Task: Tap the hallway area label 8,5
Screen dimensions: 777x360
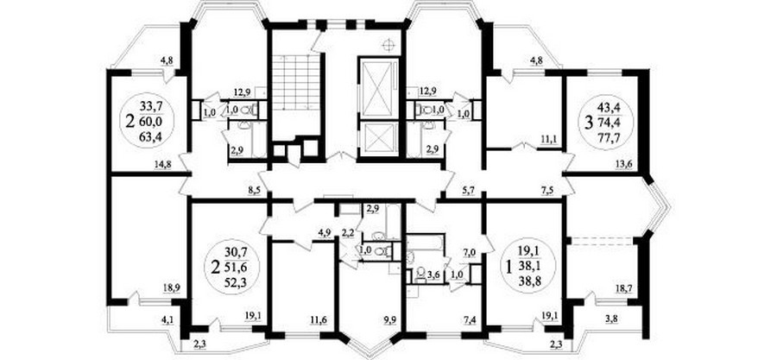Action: coord(254,189)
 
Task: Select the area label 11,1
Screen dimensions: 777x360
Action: coord(546,141)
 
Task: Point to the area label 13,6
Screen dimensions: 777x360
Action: coord(634,166)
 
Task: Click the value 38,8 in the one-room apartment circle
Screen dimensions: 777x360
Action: coord(527,281)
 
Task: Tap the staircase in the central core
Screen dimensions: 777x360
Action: coord(296,83)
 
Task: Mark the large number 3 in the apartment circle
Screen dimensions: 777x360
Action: coord(589,122)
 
